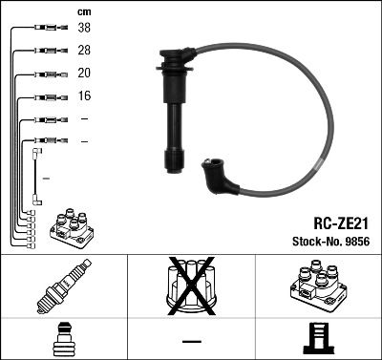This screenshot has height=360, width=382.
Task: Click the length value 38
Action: tap(84, 29)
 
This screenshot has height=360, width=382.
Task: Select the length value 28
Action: tap(84, 51)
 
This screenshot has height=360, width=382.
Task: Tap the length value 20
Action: tap(84, 74)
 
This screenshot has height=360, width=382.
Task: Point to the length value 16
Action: tap(84, 96)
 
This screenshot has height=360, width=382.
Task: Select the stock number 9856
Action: tap(356, 241)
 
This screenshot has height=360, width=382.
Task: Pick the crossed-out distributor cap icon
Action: tap(190, 289)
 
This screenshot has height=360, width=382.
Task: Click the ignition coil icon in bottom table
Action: tap(318, 289)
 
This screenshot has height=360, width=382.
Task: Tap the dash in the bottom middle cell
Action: tap(191, 341)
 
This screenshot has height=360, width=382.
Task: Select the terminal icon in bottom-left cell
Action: tap(63, 340)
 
